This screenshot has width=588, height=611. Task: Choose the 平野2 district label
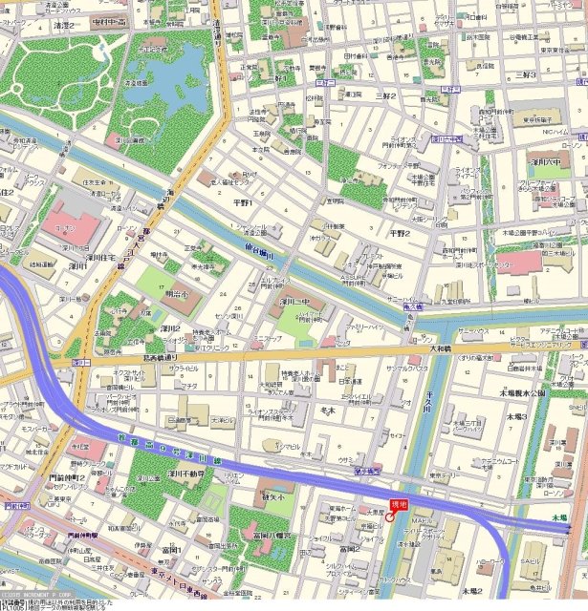tap(400, 233)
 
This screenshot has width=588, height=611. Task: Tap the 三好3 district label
tap(525, 74)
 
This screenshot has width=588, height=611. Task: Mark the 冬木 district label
tap(327, 411)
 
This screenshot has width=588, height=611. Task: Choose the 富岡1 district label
tap(171, 549)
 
